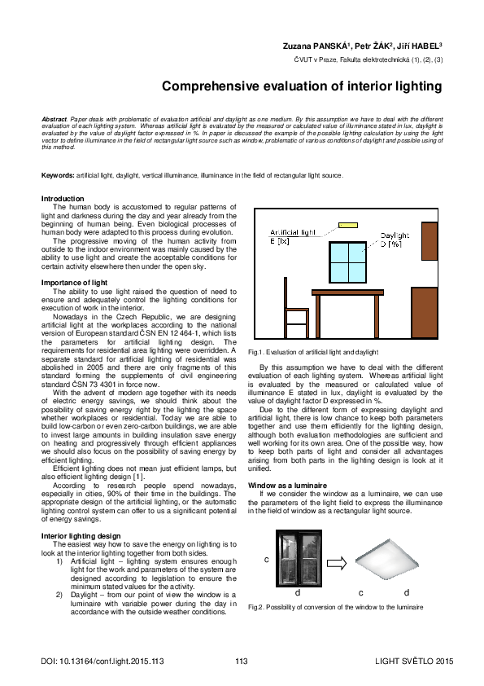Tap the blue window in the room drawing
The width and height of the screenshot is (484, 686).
point(348,262)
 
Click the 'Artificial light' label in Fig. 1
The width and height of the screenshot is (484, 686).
point(292,233)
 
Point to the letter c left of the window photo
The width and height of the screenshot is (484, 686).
point(266,561)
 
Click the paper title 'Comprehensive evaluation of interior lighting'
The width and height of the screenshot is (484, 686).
point(301,86)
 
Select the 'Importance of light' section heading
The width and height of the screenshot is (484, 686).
point(74,283)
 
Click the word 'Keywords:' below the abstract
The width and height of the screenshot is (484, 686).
point(58,176)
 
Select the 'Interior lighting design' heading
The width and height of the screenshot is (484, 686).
point(81,534)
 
